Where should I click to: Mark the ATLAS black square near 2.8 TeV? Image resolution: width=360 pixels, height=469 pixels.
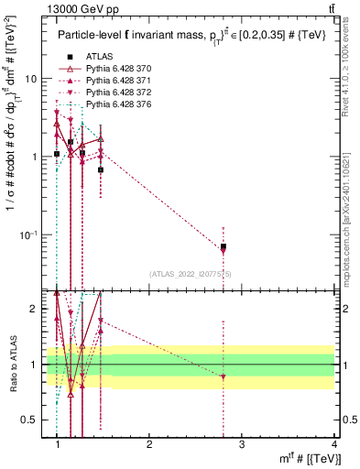tap(224, 246)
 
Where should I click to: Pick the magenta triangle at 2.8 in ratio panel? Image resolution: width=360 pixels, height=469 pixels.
tap(224, 377)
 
